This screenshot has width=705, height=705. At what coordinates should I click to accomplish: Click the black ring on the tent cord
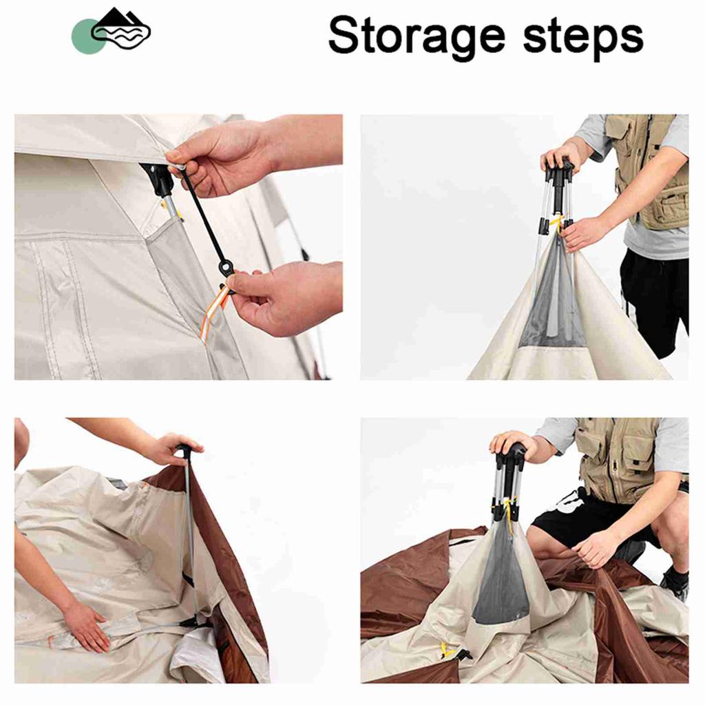point(225,267)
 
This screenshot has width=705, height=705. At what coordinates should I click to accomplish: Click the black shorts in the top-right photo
point(654,296)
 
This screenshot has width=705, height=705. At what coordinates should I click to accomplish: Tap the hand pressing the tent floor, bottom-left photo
point(86,625)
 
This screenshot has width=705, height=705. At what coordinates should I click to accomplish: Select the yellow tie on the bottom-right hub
point(509,509)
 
